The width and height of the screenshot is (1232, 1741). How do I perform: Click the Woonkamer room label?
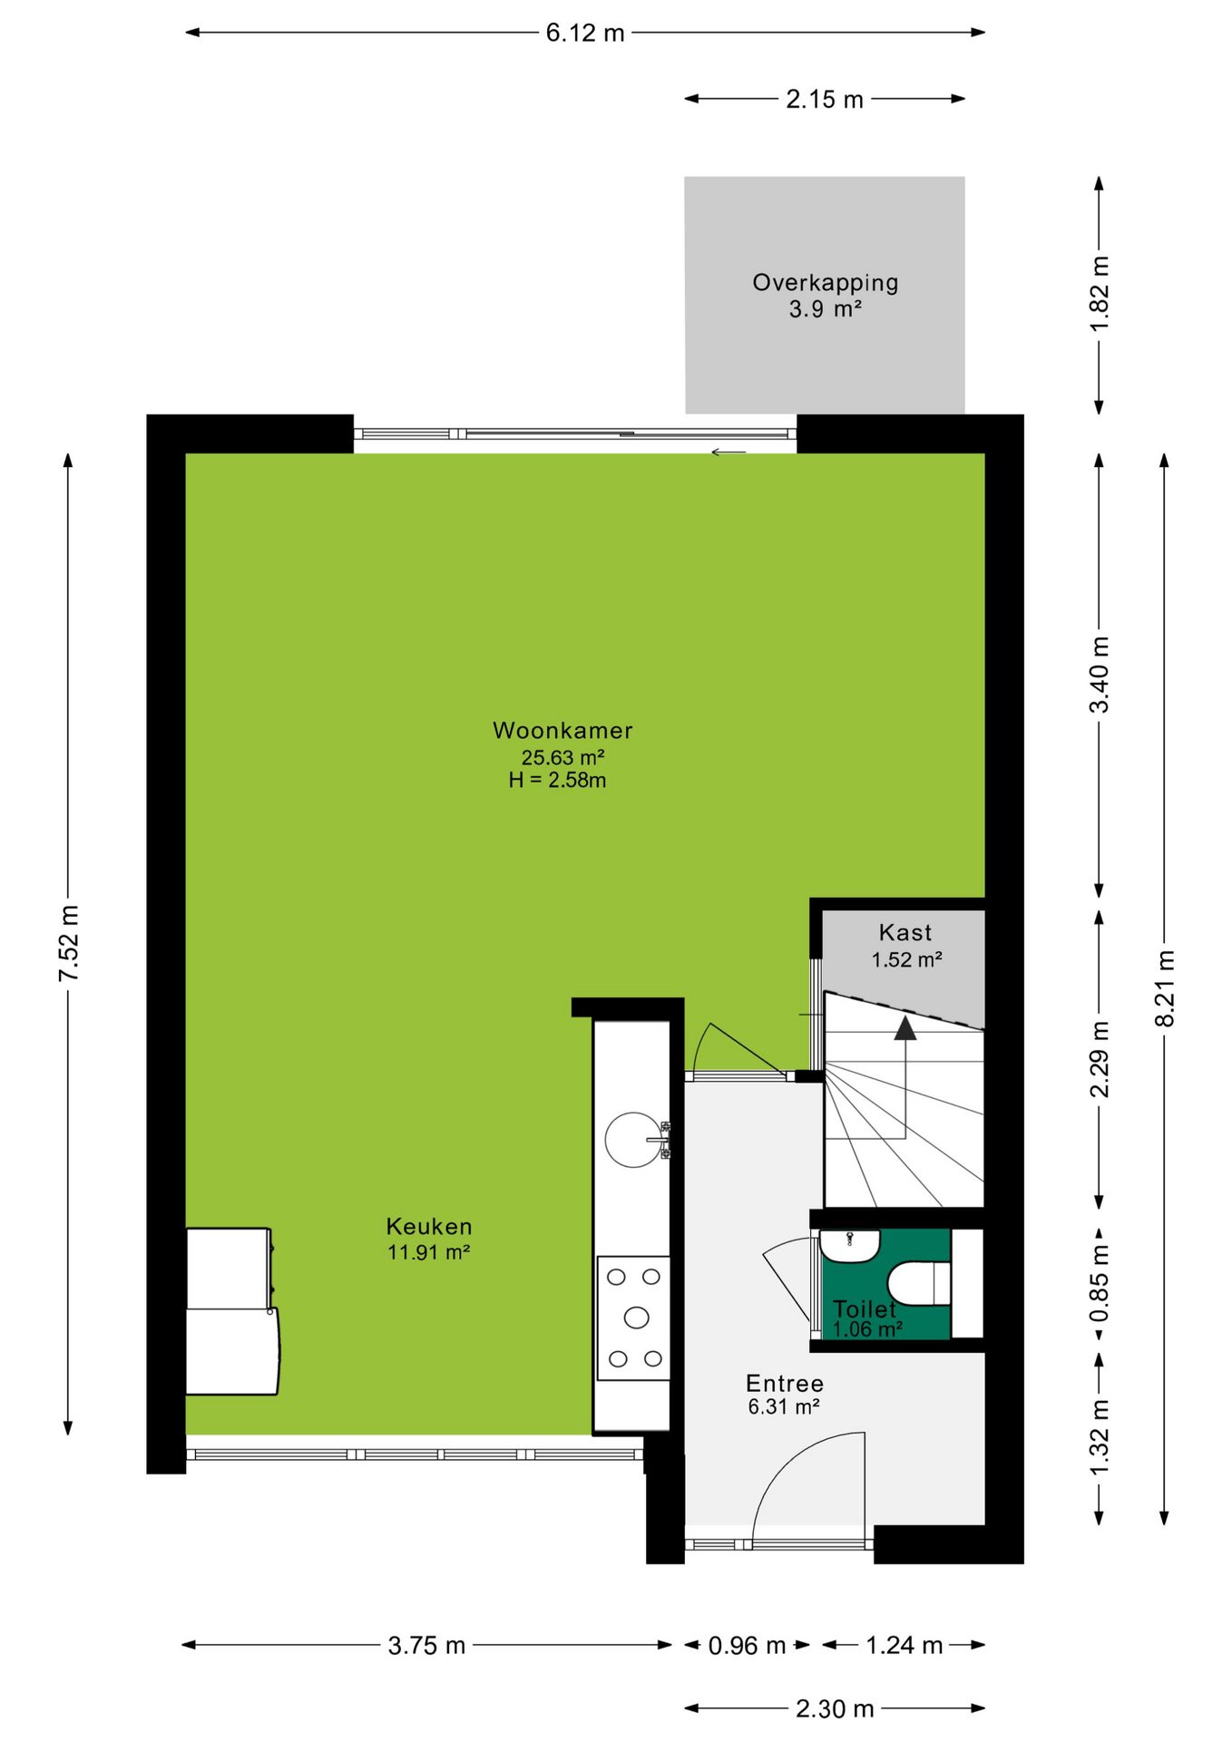point(562,730)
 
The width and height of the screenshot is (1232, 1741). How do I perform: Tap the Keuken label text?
point(429,1226)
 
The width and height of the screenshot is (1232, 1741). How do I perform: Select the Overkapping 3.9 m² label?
point(826,296)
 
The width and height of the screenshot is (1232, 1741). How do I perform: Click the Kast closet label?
point(905,932)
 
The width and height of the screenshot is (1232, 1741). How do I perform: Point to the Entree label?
point(785,1383)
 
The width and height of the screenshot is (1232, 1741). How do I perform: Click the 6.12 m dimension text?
point(585,33)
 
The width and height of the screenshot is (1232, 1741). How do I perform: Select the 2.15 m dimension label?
point(825,99)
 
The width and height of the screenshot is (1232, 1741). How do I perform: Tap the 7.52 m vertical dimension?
point(69,943)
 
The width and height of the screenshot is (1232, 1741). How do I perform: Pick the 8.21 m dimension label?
point(1165,988)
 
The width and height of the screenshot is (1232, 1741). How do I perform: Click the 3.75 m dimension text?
point(426,1645)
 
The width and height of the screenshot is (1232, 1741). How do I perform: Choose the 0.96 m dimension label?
point(747,1645)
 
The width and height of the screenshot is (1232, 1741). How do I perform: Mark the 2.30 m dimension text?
point(835,1708)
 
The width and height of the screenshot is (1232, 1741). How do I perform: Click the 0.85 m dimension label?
point(1099,1283)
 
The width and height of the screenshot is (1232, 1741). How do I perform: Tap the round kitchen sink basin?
point(633,1140)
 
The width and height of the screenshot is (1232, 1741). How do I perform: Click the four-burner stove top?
point(634,1318)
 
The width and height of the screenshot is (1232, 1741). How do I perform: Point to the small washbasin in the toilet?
point(850,1245)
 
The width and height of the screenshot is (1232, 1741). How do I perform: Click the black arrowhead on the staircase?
point(905,1027)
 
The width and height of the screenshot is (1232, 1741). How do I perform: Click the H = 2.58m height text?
point(557,780)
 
